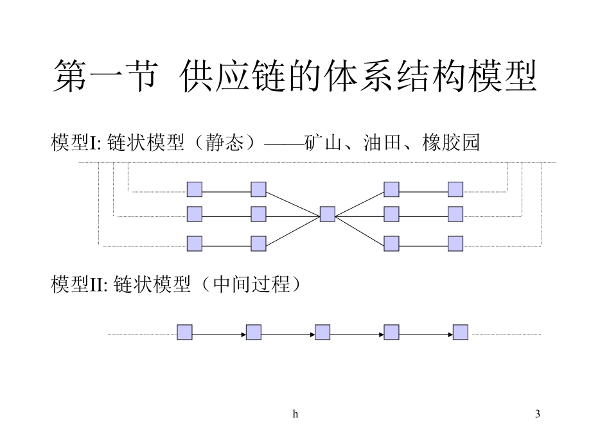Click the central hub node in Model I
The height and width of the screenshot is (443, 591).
pos(327,214)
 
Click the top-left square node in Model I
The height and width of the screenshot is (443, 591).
pos(194,189)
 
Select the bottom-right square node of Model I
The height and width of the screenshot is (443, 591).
pos(455,243)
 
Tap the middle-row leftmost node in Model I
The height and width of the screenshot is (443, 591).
pos(194,213)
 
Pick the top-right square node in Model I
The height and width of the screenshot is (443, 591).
pos(455,189)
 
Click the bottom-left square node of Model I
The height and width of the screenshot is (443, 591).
pos(194,243)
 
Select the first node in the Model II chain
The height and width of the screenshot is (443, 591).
pos(184,332)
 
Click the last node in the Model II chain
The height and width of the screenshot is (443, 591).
pos(460,332)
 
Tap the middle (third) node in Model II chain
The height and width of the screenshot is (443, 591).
pos(322,332)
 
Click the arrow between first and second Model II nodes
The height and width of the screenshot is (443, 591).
pos(218,333)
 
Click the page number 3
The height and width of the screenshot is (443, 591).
pos(537,415)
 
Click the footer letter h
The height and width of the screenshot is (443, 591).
pos(295,415)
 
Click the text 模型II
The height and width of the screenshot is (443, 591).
pos(77,284)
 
